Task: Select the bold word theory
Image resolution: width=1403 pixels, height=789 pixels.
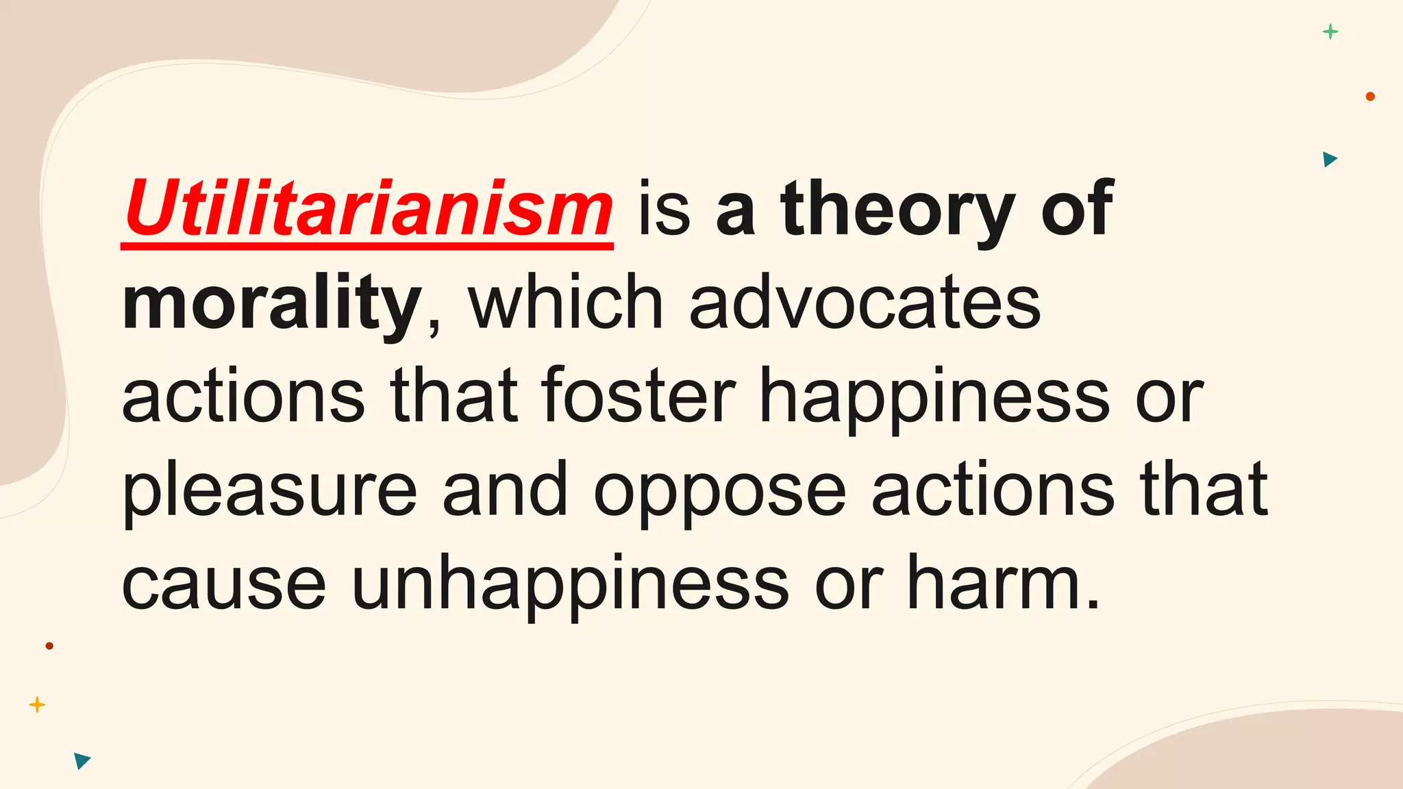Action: coord(897,209)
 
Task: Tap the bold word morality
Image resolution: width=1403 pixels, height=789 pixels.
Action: coord(271,303)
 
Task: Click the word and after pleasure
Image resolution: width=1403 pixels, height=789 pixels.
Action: coord(505,490)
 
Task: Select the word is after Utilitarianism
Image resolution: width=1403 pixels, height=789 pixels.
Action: coord(664,209)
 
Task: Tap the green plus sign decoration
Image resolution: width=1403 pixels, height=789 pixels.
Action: coord(1330,32)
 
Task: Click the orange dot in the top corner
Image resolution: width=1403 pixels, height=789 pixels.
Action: coord(1370,97)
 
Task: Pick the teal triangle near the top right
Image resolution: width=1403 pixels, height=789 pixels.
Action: coord(1330,160)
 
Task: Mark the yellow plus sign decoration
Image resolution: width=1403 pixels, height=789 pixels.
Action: coord(38,705)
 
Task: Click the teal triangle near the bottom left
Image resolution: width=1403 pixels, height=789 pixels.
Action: coord(82,760)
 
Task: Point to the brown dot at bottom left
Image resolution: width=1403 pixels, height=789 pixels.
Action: coord(49,646)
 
